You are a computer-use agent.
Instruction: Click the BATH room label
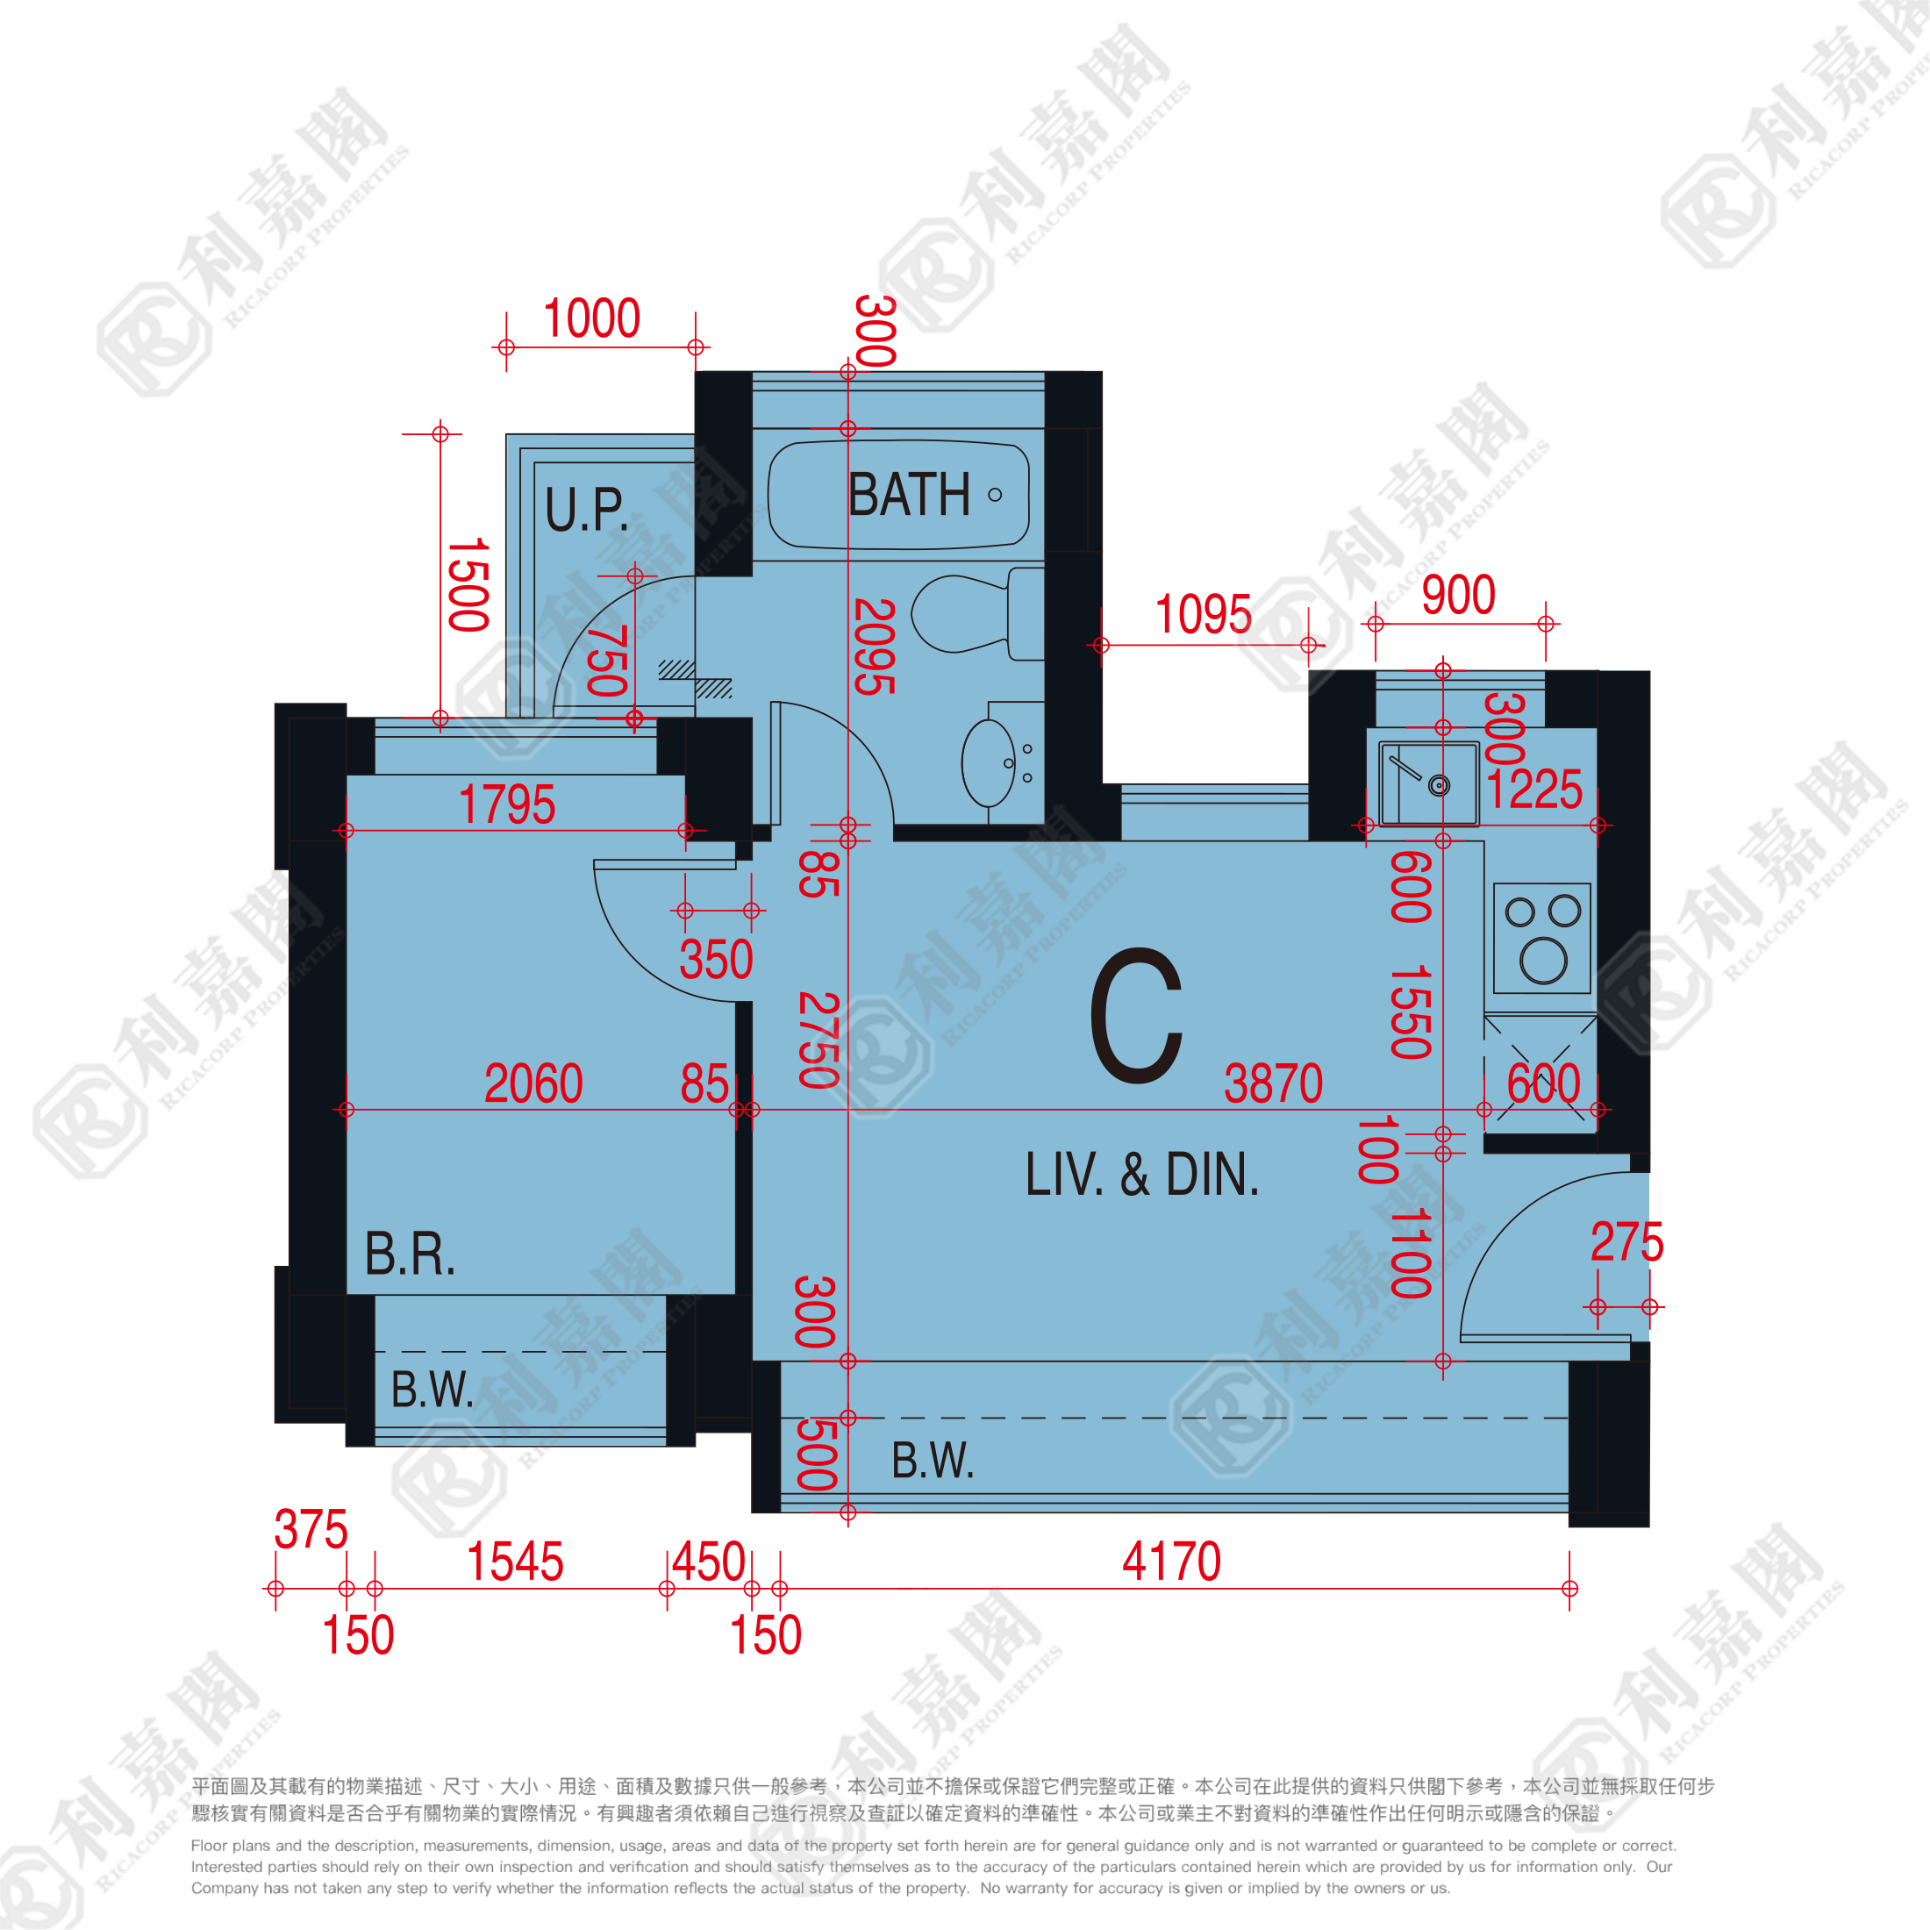click(x=909, y=495)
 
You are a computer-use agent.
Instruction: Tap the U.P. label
click(x=586, y=510)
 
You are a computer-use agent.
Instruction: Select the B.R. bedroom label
click(x=410, y=1254)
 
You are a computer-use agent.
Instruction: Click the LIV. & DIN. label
click(x=1142, y=1175)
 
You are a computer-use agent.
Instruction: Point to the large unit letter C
click(x=1136, y=1015)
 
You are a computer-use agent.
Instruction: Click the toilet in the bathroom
click(x=978, y=613)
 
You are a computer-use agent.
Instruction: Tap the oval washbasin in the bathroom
click(x=989, y=763)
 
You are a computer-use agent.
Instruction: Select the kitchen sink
click(x=1428, y=783)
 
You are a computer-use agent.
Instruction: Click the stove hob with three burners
click(x=1542, y=938)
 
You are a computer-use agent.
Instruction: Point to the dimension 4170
click(x=1171, y=1562)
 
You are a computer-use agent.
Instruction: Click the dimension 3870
click(x=1274, y=1084)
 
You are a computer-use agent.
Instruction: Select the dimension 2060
click(x=533, y=1084)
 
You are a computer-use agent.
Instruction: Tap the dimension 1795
click(x=506, y=805)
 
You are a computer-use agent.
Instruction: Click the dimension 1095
click(x=1203, y=614)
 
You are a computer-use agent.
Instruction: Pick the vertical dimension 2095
click(x=874, y=647)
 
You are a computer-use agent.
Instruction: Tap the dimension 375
click(x=311, y=1529)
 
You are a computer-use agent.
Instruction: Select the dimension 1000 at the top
click(x=591, y=318)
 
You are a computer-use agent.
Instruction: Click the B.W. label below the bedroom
click(x=432, y=1390)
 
